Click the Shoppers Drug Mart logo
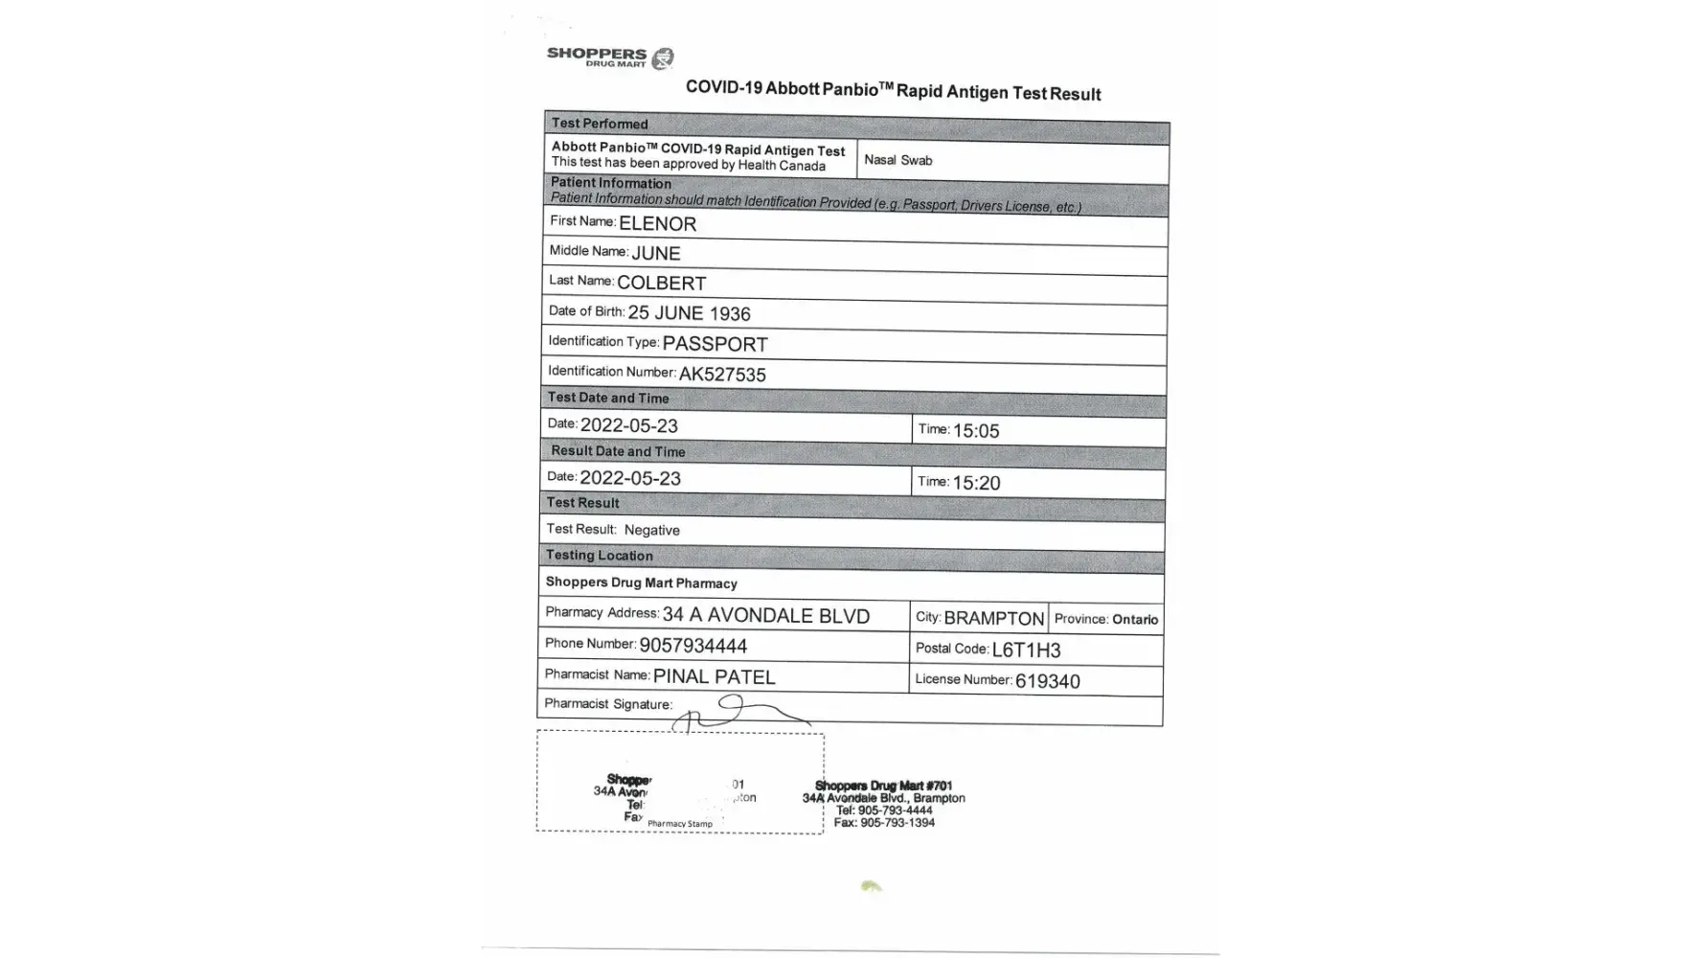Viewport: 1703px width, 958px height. pos(610,57)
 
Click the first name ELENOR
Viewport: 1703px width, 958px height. pos(657,224)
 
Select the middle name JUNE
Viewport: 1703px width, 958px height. pos(655,254)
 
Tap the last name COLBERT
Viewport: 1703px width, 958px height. pos(661,284)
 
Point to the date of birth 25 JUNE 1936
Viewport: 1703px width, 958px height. pos(689,313)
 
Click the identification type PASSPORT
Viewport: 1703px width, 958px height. pos(715,344)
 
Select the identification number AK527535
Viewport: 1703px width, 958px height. pos(722,375)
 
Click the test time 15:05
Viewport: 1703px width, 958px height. pos(976,431)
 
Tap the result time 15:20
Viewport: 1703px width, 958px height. pos(976,484)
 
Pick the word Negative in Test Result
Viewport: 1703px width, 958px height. pos(651,530)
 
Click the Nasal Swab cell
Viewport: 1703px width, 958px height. pos(897,160)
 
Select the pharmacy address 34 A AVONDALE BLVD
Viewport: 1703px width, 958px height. pos(765,616)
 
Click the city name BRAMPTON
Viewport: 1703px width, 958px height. pos(993,619)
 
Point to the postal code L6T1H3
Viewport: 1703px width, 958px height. pos(1026,650)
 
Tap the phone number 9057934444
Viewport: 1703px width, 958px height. pos(693,647)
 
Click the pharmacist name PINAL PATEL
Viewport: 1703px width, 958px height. pos(714,677)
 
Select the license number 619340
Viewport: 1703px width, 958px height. pos(1047,681)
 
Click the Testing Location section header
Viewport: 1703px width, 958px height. pos(600,556)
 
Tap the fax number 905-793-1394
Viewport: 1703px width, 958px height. pos(897,823)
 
